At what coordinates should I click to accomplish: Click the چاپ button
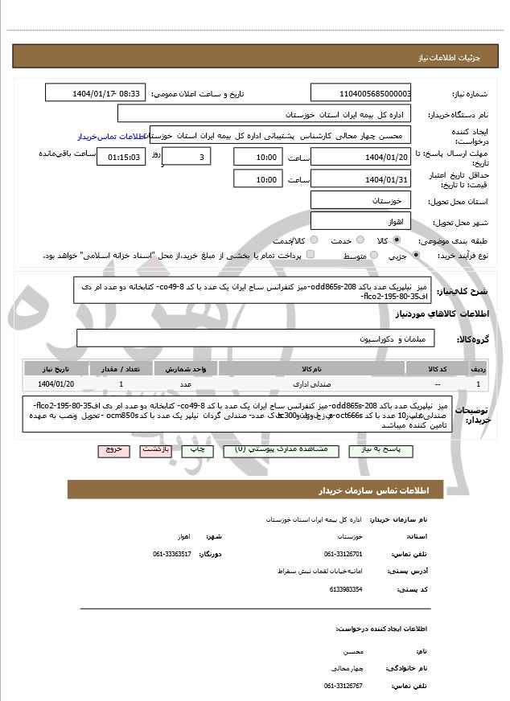[x=196, y=450]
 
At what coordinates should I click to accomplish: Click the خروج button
[x=113, y=450]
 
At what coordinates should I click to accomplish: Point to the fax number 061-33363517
[x=172, y=553]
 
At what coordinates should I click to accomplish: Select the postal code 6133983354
[x=346, y=589]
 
